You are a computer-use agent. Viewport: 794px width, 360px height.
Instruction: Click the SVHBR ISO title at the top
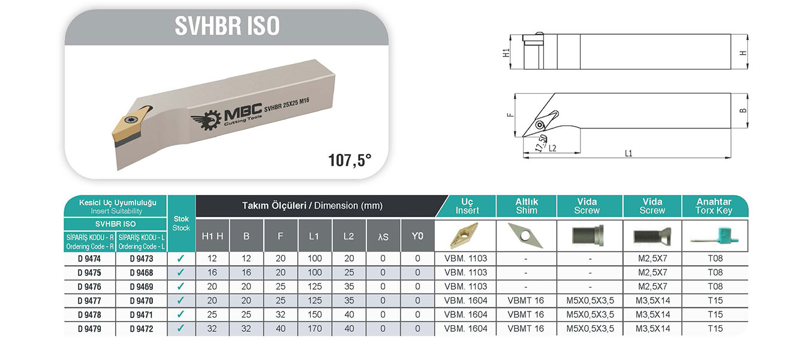(x=227, y=26)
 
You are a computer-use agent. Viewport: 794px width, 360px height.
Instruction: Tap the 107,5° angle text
(x=350, y=160)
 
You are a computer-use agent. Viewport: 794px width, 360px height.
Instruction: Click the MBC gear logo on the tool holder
(x=204, y=120)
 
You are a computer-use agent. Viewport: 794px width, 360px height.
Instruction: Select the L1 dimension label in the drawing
(x=628, y=154)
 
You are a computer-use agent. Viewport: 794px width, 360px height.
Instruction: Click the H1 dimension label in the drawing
(x=506, y=53)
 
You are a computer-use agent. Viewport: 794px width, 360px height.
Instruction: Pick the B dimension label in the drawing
(x=743, y=110)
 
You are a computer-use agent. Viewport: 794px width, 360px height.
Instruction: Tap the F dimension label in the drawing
(x=510, y=115)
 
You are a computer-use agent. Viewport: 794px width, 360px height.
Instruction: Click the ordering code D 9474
(x=89, y=259)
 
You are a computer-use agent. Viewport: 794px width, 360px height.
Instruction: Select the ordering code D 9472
(x=142, y=329)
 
